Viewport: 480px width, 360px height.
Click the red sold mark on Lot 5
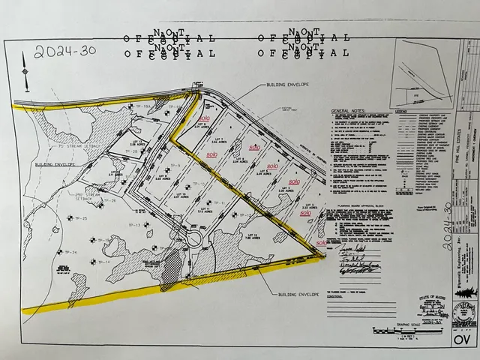(x=272, y=166)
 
